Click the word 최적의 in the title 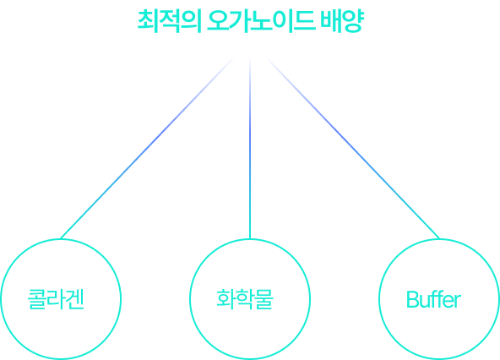click(x=169, y=21)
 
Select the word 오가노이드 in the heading click(x=262, y=21)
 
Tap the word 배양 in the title click(x=342, y=21)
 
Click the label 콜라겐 click(x=56, y=299)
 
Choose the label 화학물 click(x=245, y=299)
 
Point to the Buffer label click(x=433, y=299)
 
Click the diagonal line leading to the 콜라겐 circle click(x=147, y=148)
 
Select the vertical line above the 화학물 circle click(x=250, y=148)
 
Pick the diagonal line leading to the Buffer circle click(x=353, y=148)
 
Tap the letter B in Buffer click(x=412, y=299)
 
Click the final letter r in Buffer click(x=458, y=302)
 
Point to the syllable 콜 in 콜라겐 click(x=36, y=299)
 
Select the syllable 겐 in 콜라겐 click(x=75, y=299)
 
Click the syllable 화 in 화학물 click(x=226, y=299)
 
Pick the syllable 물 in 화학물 click(x=264, y=299)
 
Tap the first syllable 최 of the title click(x=148, y=21)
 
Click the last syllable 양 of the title click(x=353, y=21)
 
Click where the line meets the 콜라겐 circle click(x=61, y=238)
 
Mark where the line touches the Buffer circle click(x=439, y=238)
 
